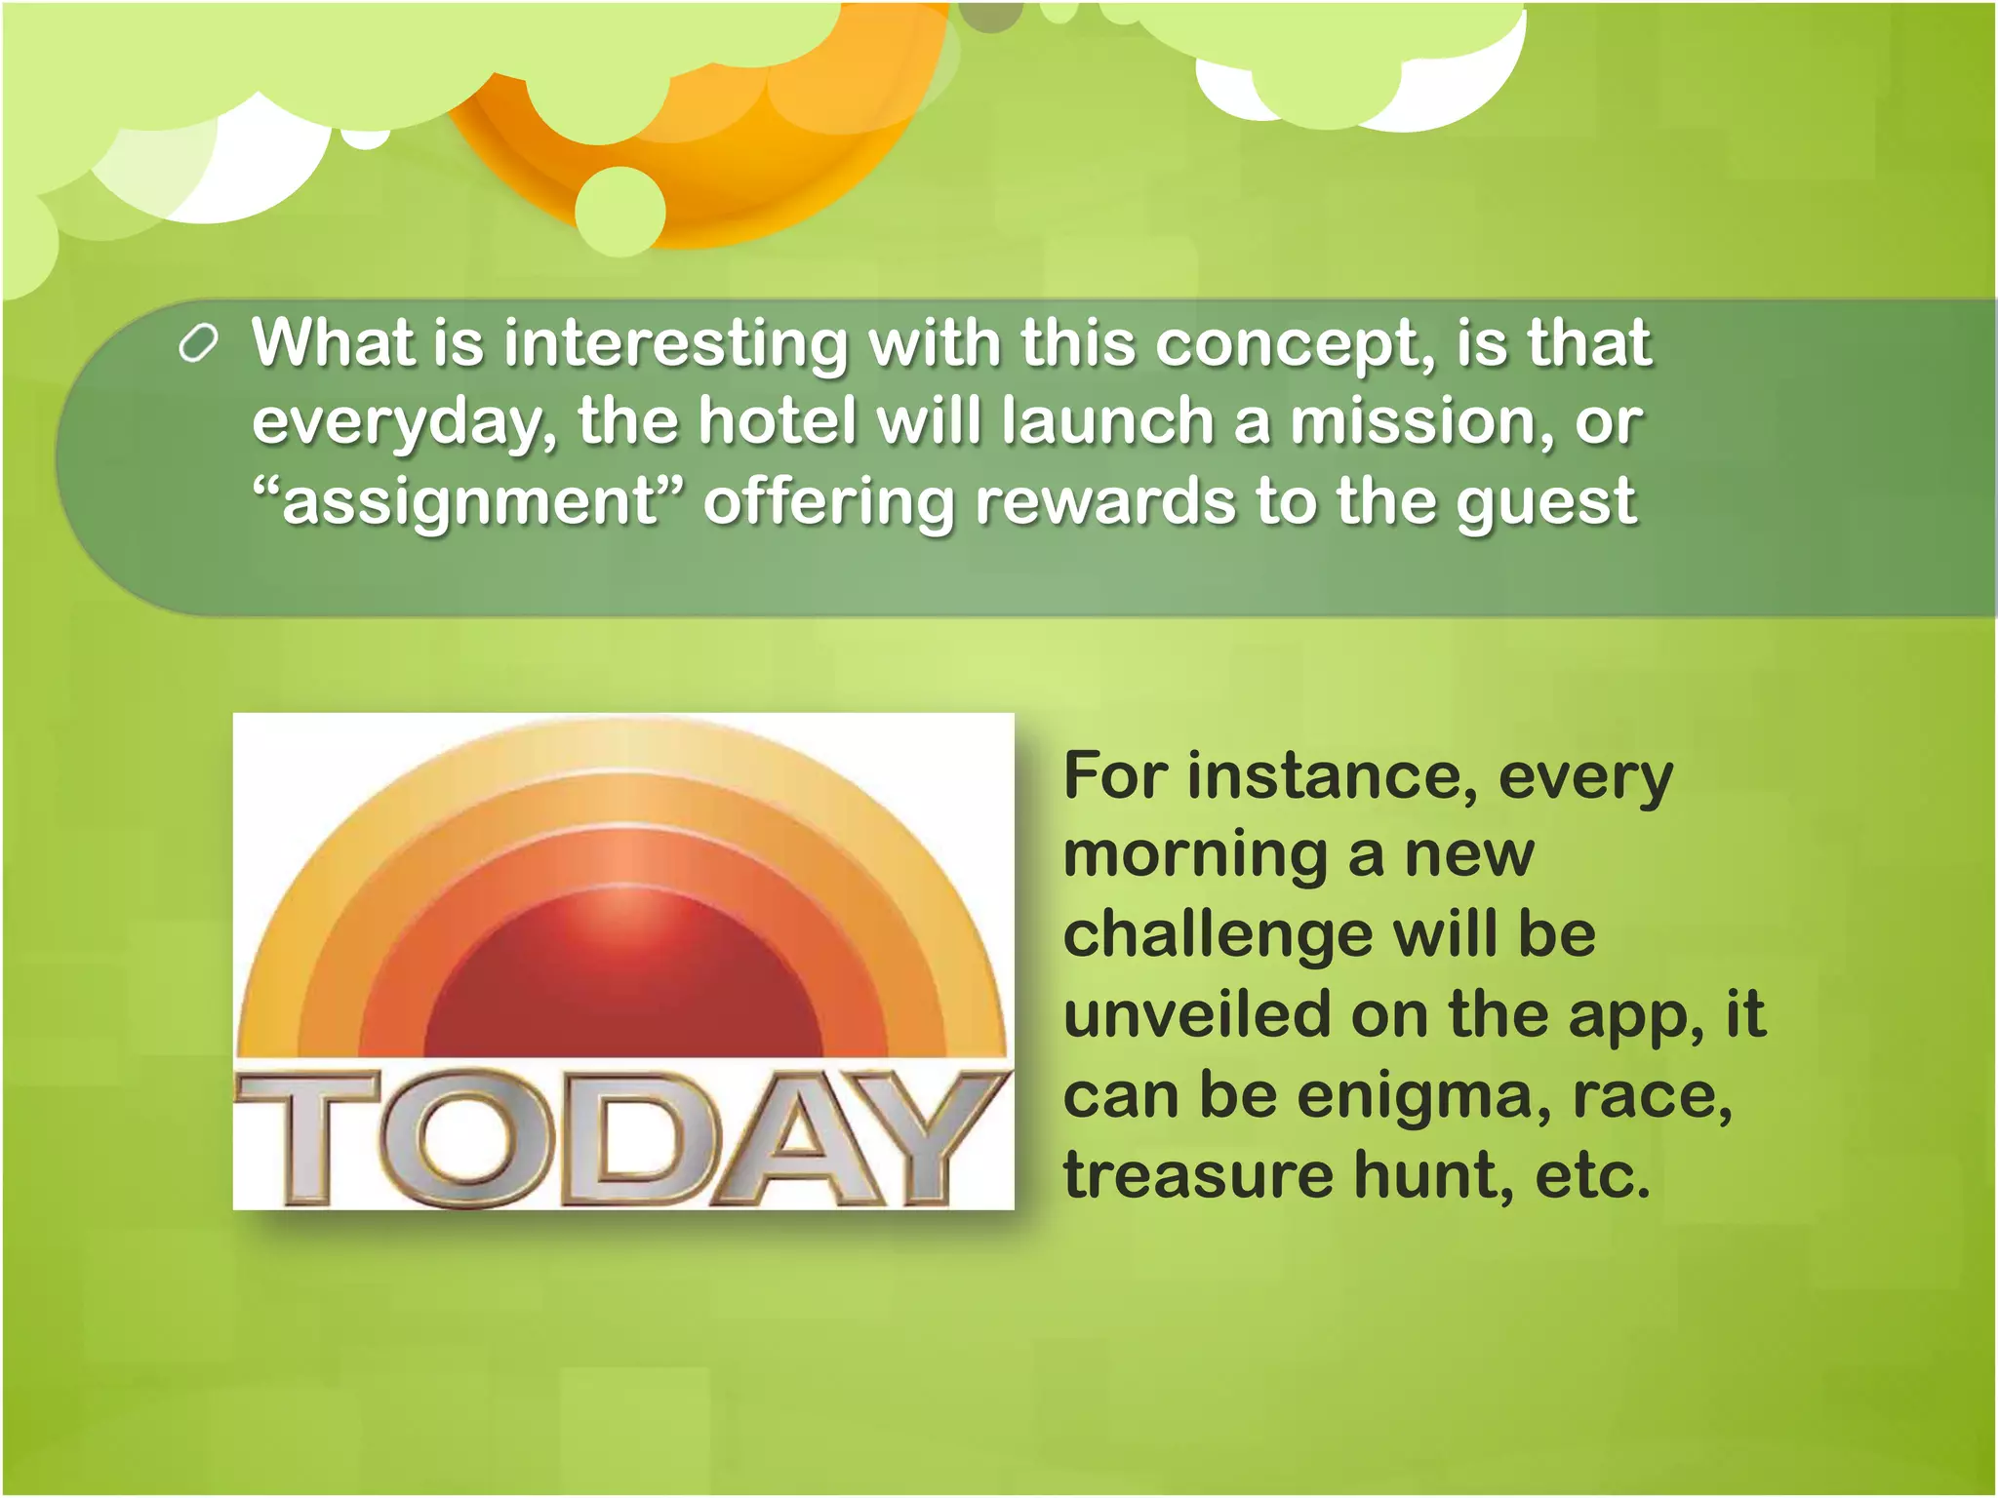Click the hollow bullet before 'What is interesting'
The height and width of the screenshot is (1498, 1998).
pos(198,345)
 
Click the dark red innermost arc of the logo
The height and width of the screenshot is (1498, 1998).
pos(622,985)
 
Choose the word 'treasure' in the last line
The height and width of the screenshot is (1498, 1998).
pos(1198,1174)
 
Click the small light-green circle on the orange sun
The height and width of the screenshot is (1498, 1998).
pos(620,212)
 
